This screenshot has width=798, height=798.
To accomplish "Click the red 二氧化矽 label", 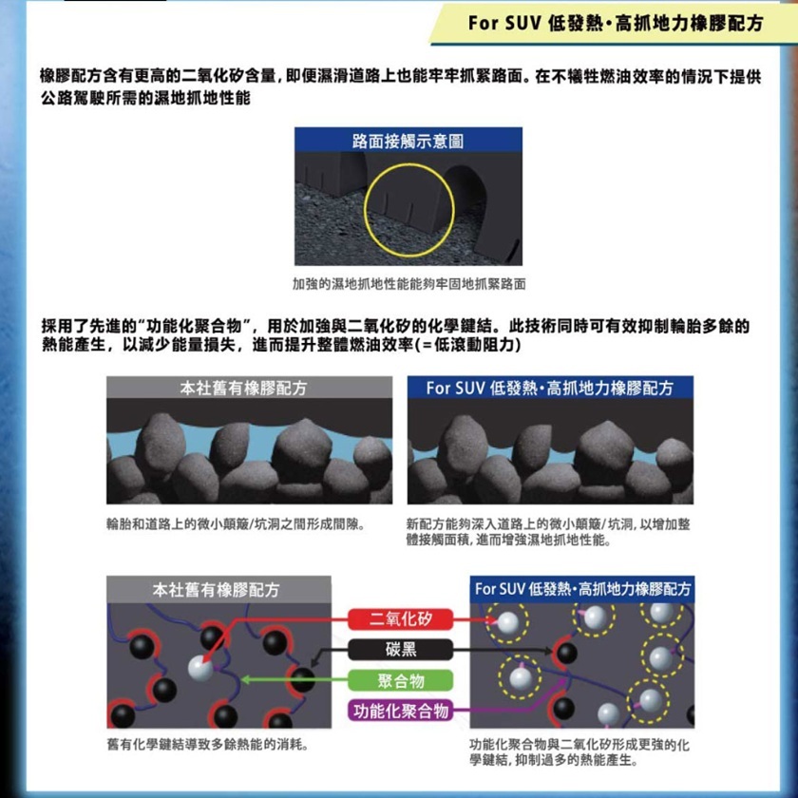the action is click(401, 618).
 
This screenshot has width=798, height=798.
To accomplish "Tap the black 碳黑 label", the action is click(401, 650).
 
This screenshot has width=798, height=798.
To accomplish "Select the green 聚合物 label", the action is click(401, 680).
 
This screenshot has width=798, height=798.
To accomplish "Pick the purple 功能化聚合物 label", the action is click(401, 711).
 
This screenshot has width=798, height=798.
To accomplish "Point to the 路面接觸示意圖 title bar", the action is click(408, 140).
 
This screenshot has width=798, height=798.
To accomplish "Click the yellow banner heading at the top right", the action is click(611, 24).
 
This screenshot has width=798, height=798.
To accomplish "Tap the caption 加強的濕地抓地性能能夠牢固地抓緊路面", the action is click(408, 283).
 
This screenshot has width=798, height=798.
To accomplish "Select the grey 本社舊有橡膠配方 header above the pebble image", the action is click(249, 388).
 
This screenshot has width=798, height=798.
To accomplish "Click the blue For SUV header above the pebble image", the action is click(550, 388).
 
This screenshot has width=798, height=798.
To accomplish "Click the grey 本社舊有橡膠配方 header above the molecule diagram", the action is click(218, 589).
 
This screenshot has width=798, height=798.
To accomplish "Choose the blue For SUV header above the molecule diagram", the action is click(582, 589).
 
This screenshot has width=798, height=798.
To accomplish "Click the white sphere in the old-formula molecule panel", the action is click(200, 669).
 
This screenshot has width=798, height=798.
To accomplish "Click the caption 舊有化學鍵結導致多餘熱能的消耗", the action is click(208, 745).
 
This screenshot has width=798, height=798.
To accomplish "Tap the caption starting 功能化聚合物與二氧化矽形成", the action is click(579, 752).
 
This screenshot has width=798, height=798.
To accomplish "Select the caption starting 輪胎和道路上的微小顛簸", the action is click(237, 523).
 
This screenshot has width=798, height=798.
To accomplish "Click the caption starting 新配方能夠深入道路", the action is click(548, 531).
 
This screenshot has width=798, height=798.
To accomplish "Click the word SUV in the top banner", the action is click(523, 24).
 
